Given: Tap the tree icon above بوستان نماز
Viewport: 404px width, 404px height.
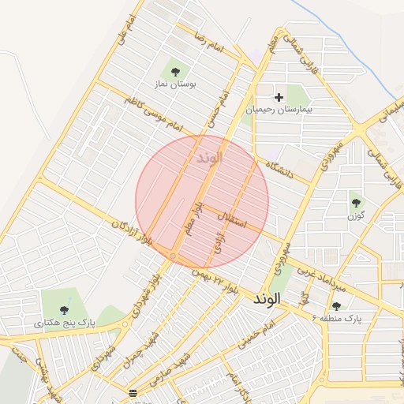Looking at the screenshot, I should pos(175,70).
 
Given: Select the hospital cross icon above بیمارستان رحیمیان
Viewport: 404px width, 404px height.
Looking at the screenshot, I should pos(279,97).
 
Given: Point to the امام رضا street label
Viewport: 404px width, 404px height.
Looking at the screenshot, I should pos(212,44).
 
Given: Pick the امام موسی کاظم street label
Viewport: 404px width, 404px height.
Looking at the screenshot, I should pos(153,115).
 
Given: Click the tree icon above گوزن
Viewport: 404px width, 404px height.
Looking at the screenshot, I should pos(355,202).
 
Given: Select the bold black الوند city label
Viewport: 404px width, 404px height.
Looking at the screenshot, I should pos(267,300).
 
